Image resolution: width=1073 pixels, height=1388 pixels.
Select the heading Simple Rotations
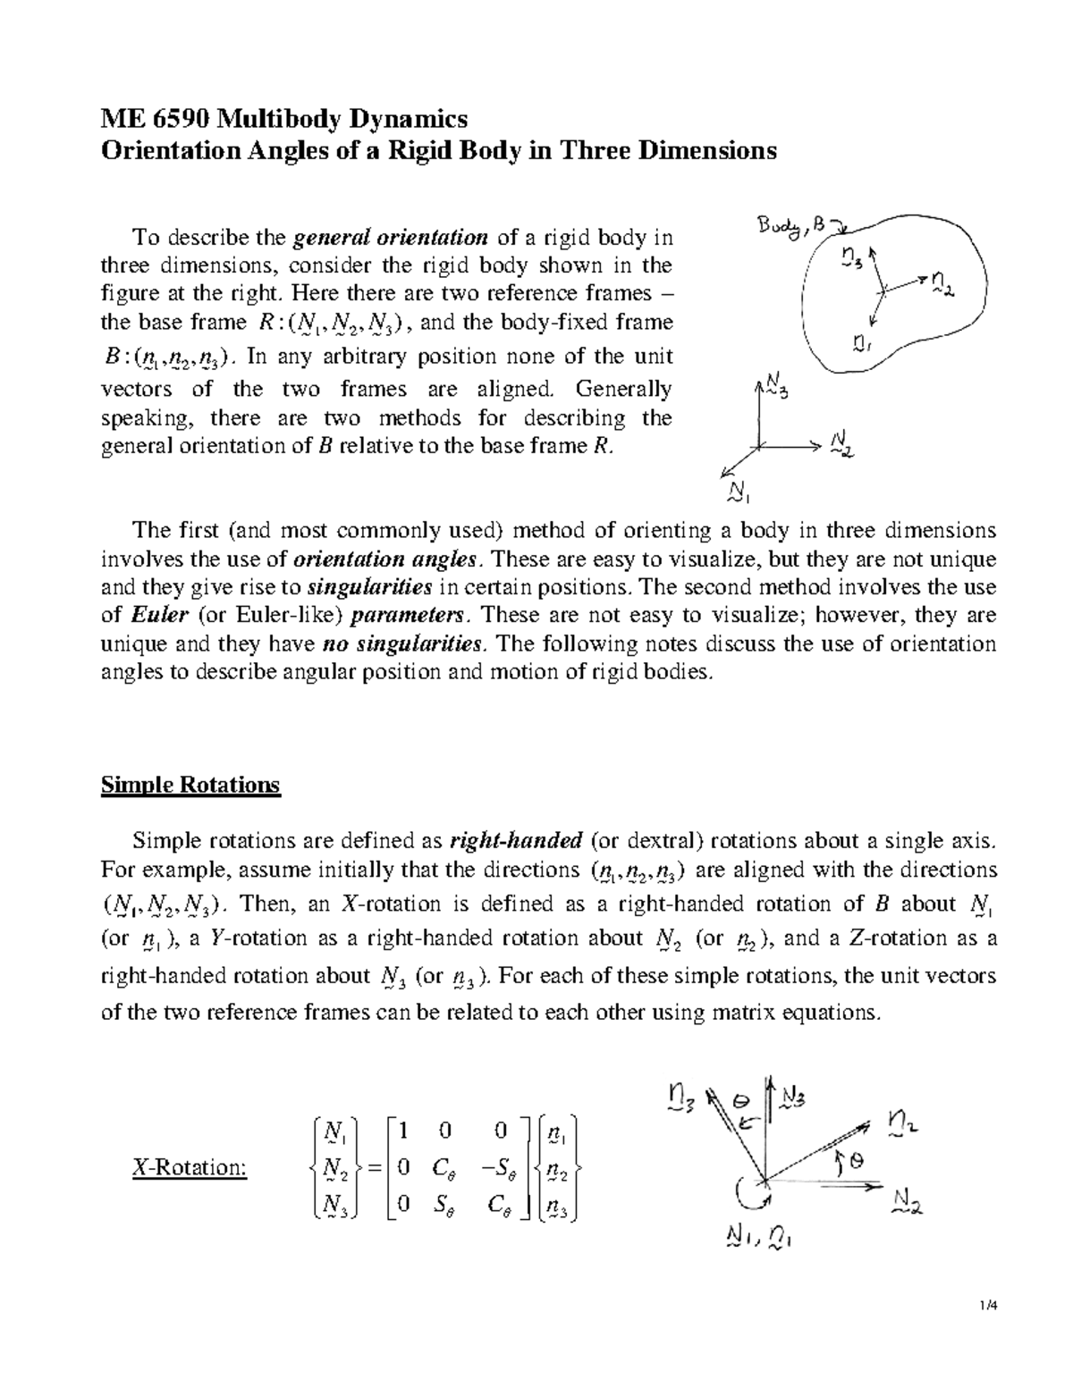(x=190, y=785)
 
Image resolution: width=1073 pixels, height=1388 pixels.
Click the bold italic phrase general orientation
(x=391, y=237)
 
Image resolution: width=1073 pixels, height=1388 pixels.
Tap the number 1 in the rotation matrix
(x=403, y=1131)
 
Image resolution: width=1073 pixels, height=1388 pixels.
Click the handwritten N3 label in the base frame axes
(x=774, y=390)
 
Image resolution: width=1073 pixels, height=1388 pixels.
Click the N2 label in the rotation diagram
(x=906, y=1200)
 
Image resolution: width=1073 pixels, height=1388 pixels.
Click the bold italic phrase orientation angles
(x=386, y=559)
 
